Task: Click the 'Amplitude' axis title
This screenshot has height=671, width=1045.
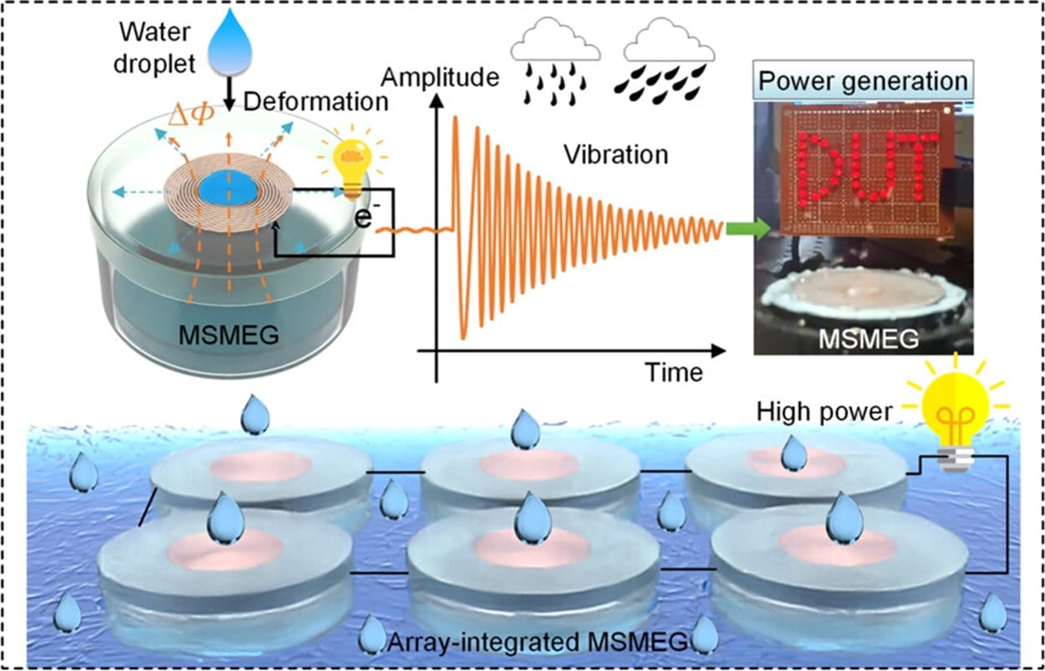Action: coord(440,78)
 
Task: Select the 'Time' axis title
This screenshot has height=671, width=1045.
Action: coord(674,372)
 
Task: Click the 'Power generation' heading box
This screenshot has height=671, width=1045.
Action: coord(863,81)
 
